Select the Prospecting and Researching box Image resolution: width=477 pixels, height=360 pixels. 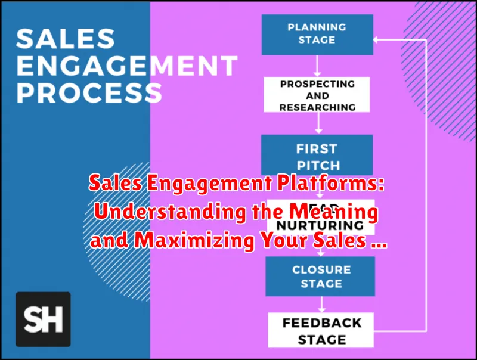[318, 95]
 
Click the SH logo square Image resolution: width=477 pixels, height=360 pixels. [43, 319]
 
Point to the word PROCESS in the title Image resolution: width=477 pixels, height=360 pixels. [89, 93]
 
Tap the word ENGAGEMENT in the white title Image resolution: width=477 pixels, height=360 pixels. [127, 67]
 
